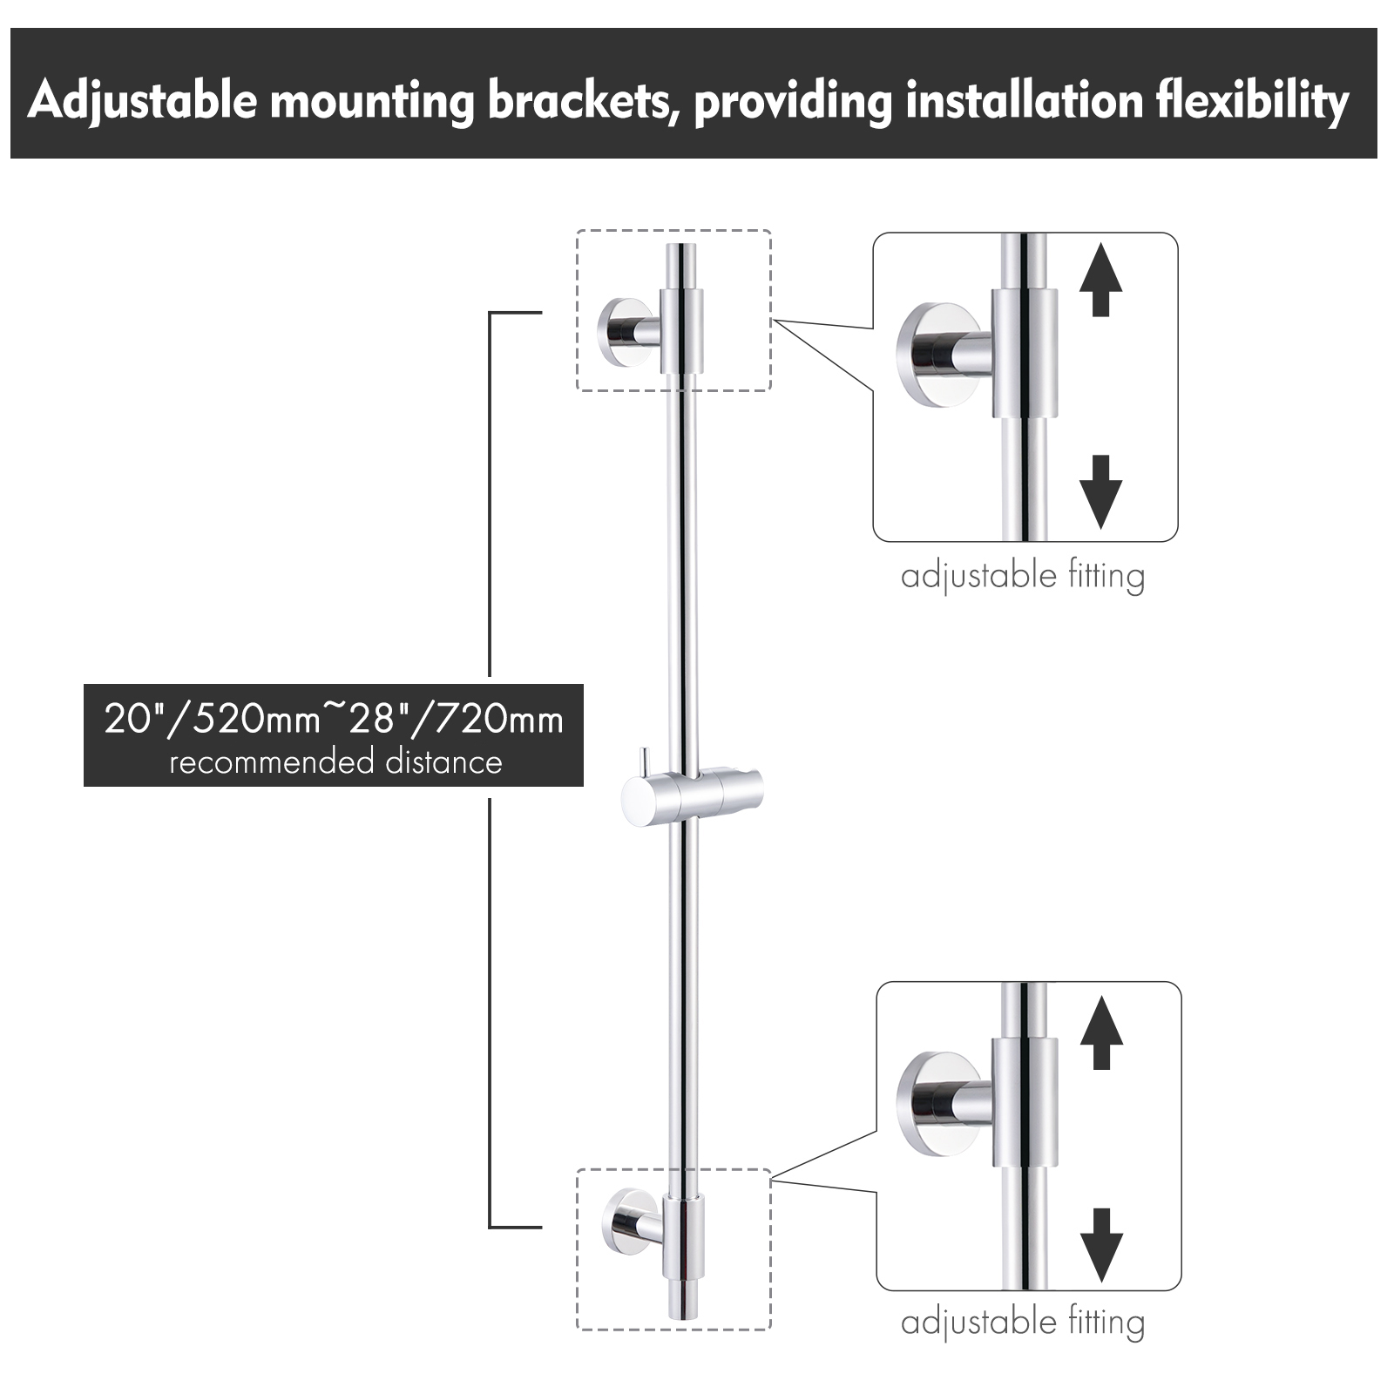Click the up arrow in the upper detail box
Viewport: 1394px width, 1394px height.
tap(1100, 279)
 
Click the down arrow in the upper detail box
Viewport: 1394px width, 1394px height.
tap(1100, 491)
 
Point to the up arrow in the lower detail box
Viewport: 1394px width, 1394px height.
tap(1101, 1032)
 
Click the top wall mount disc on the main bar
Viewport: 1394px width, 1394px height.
tap(617, 330)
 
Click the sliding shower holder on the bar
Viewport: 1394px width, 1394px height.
tap(692, 797)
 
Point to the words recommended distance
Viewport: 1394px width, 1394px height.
tap(335, 762)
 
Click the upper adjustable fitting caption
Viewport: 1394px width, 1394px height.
tap(1023, 577)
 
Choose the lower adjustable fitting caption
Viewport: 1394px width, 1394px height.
tap(1023, 1323)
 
